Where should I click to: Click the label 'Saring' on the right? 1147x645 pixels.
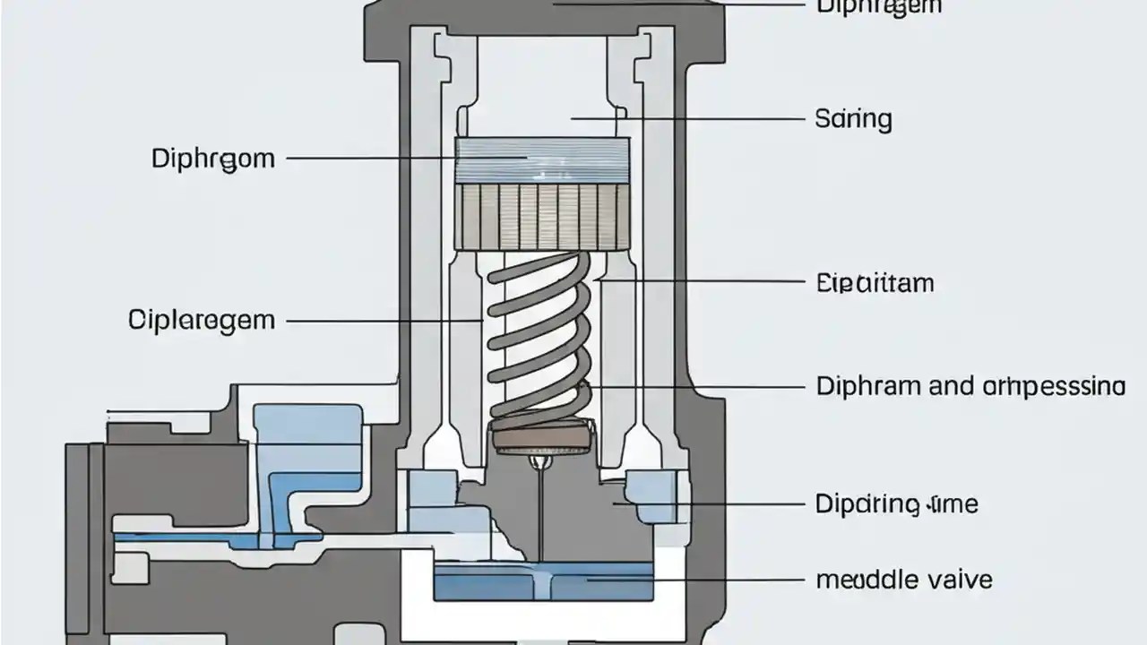pyautogui.click(x=853, y=119)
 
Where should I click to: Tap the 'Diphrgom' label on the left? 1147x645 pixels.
pyautogui.click(x=213, y=159)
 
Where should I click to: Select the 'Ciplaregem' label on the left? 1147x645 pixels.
pyautogui.click(x=202, y=320)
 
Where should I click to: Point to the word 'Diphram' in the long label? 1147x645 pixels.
pyautogui.click(x=868, y=387)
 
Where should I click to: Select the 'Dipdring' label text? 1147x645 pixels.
pyautogui.click(x=867, y=504)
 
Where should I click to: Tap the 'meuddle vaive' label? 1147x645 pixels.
pyautogui.click(x=903, y=580)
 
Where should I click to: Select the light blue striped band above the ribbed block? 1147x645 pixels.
pyautogui.click(x=542, y=161)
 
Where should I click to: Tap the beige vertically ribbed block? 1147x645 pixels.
pyautogui.click(x=542, y=216)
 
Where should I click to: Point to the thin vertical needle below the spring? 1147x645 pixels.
pyautogui.click(x=541, y=511)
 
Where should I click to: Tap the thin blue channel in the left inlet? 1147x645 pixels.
pyautogui.click(x=197, y=537)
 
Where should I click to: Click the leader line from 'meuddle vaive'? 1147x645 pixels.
pyautogui.click(x=699, y=580)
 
